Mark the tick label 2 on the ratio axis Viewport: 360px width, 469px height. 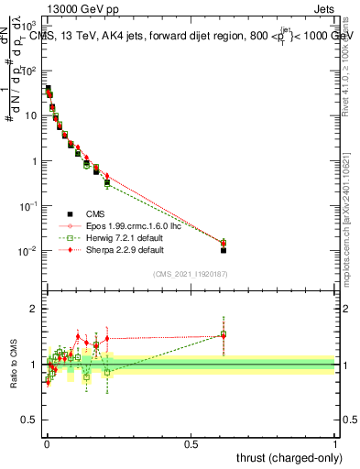(35, 309)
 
